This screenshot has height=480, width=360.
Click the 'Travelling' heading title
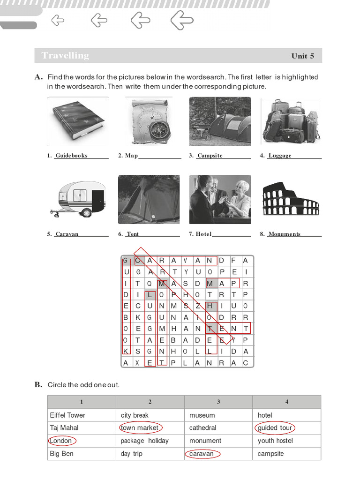[x=65, y=56]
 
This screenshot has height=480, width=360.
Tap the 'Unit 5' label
[x=302, y=56]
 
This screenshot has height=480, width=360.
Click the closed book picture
[x=78, y=121]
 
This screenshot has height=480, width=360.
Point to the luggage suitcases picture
[x=291, y=121]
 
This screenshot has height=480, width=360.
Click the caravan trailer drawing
[x=78, y=199]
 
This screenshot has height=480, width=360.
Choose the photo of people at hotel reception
[x=220, y=199]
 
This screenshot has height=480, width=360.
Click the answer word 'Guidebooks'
[x=71, y=156]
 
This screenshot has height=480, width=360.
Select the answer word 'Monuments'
[x=285, y=234]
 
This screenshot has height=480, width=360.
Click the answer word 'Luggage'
[x=280, y=156]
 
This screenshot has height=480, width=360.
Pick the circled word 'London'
[x=61, y=441]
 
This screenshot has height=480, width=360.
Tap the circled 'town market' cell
[x=140, y=427]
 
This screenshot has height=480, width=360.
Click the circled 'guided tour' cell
[x=275, y=427]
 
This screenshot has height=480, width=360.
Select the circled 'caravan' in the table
[x=202, y=454]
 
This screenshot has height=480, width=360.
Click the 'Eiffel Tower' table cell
[x=67, y=415]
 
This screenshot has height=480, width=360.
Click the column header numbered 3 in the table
[x=218, y=402]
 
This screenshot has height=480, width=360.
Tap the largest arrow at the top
[x=182, y=20]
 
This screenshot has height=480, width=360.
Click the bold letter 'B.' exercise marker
[x=38, y=385]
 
